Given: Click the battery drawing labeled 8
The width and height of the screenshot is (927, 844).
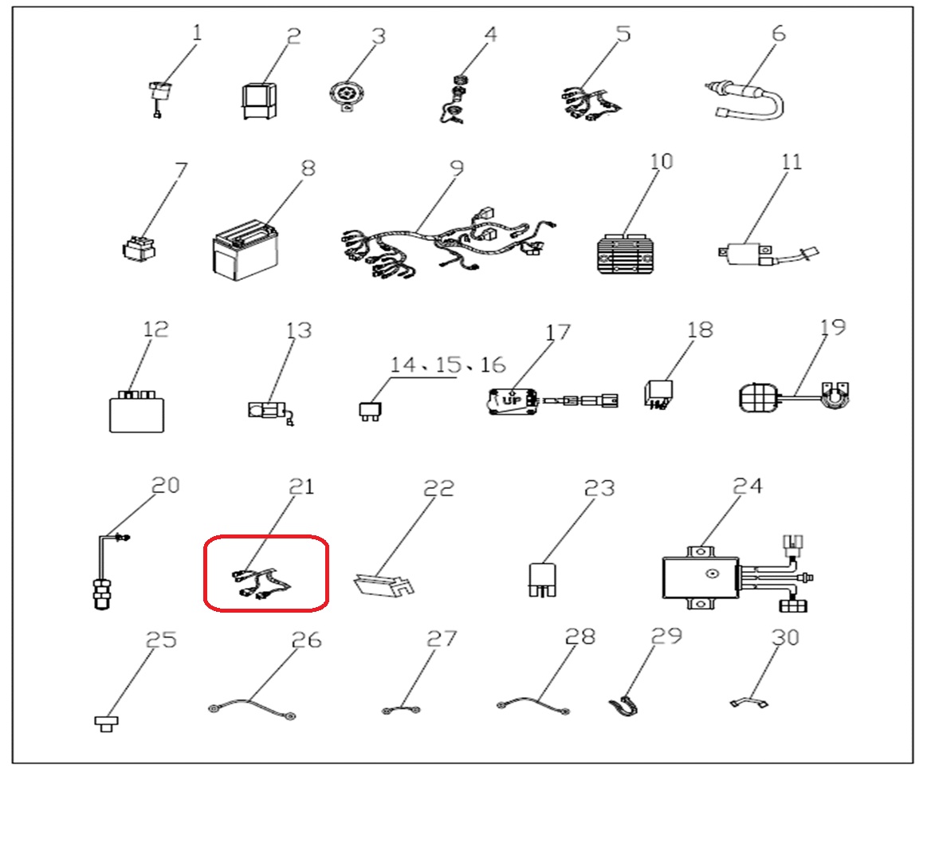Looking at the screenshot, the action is coord(245,251).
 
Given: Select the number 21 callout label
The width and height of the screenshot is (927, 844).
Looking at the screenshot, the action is coord(301,486).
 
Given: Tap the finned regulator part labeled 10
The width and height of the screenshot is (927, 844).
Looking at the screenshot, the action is coord(626,254).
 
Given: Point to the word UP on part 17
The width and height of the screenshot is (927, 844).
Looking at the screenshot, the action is coord(512,400).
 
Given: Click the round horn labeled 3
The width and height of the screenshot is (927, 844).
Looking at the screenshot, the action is coord(347,95).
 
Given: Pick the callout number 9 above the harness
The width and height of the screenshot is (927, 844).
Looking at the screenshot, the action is coord(457,168).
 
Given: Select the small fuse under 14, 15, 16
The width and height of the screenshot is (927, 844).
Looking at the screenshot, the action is coord(370,411).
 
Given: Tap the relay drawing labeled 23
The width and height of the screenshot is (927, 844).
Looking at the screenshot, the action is coord(542,579).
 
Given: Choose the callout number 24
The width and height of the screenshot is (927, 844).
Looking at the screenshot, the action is coord(748,486).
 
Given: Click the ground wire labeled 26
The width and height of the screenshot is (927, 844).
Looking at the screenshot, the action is coord(252,708).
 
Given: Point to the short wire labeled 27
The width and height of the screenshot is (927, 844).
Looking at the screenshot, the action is coord(402,709).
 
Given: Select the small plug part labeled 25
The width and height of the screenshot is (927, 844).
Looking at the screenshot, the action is coord(107,724).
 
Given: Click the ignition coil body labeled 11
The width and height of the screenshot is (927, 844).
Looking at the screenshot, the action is coord(745,254).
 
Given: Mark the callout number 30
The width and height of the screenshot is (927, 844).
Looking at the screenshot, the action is coord(785,637).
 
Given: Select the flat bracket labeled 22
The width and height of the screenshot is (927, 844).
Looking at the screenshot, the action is coord(383,584).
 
